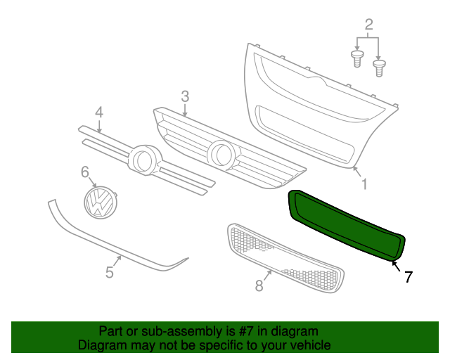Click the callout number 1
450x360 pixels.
364,184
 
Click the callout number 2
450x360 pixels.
368,27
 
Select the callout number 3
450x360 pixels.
185,96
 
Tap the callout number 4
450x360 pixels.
99,112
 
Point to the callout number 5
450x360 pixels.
110,272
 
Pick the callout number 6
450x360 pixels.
85,172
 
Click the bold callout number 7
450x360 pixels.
408,277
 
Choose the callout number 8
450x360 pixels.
259,285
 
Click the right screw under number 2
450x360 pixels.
380,69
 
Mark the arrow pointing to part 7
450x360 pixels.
396,266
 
